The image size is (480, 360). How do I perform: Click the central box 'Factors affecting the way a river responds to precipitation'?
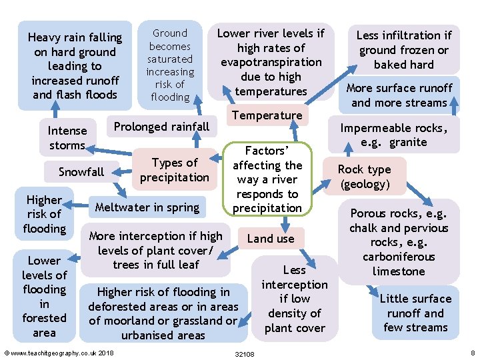pos(267,179)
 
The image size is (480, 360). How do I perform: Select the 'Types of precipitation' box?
pos(175,170)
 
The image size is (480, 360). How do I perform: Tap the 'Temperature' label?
pos(267,115)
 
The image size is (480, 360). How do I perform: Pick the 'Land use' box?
pos(270,238)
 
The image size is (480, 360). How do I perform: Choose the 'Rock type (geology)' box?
pos(364,177)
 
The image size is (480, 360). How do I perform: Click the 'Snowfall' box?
pos(81,172)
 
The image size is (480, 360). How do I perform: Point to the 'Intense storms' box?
pos(67,138)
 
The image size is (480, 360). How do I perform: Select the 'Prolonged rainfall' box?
pos(161,127)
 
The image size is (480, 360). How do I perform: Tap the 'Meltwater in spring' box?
pos(147,207)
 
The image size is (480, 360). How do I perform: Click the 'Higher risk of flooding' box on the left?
pos(44,214)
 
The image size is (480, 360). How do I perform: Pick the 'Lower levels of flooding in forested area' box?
pos(44,296)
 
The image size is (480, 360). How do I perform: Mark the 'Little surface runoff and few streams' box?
pos(415,313)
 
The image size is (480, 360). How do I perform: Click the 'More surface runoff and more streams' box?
pos(399,95)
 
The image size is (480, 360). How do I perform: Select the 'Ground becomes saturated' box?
pos(170,65)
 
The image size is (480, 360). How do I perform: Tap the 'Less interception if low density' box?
pos(295,299)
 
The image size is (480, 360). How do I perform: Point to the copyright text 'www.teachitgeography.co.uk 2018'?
pos(59,353)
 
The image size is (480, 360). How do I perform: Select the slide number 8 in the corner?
pos(472,353)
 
